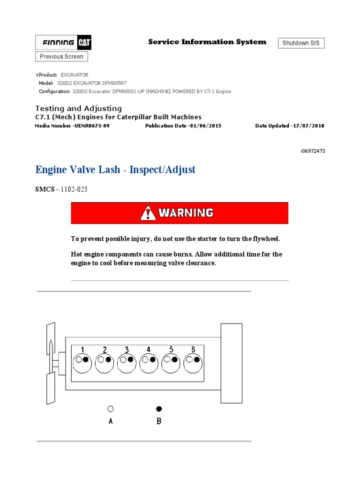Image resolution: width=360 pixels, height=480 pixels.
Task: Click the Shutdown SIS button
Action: click(301, 43)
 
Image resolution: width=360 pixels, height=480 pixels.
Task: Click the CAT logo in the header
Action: click(84, 43)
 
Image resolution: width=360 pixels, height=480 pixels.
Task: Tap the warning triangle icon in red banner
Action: click(148, 213)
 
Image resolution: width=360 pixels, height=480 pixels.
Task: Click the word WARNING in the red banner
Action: click(186, 213)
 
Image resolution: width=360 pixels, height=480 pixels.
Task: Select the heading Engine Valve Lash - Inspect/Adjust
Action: click(115, 170)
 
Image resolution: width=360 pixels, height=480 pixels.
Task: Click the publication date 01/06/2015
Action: click(204, 126)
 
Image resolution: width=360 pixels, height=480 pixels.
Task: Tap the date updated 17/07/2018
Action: click(307, 126)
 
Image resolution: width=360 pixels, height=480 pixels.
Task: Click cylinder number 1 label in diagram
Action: click(82, 350)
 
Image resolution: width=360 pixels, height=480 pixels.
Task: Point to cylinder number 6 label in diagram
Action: click(193, 350)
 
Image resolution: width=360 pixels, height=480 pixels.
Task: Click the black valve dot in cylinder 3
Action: click(130, 360)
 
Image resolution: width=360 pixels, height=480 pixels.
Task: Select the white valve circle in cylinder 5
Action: click(167, 360)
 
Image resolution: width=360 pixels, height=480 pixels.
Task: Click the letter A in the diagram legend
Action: click(111, 421)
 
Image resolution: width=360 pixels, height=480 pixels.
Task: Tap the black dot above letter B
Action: click(159, 409)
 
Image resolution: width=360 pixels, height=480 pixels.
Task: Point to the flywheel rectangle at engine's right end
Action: click(231, 363)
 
